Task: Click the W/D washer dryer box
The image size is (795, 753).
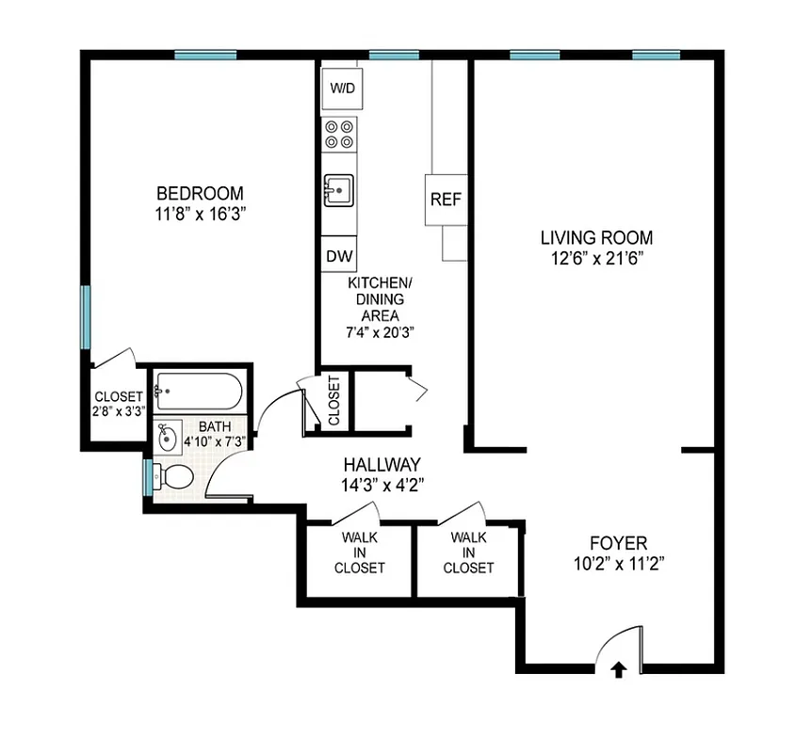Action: point(341,89)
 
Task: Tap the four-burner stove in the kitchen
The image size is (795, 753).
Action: point(340,134)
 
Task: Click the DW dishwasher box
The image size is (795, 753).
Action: point(339,255)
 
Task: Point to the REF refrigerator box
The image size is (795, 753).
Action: point(446,200)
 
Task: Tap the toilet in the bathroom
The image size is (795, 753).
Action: point(172,476)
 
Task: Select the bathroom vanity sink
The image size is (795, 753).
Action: point(169,437)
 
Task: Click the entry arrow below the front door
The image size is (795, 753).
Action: point(619,669)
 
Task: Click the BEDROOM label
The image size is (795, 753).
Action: point(200,194)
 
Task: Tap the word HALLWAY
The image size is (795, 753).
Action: point(381,464)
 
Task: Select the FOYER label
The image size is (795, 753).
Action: point(618,543)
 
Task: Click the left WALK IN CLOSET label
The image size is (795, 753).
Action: point(362,553)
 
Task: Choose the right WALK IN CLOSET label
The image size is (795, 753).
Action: point(468,553)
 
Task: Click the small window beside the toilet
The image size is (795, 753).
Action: point(147,477)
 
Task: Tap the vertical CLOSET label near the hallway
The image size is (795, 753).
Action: point(333,400)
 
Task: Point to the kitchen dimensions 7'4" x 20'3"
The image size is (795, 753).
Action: point(381,332)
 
